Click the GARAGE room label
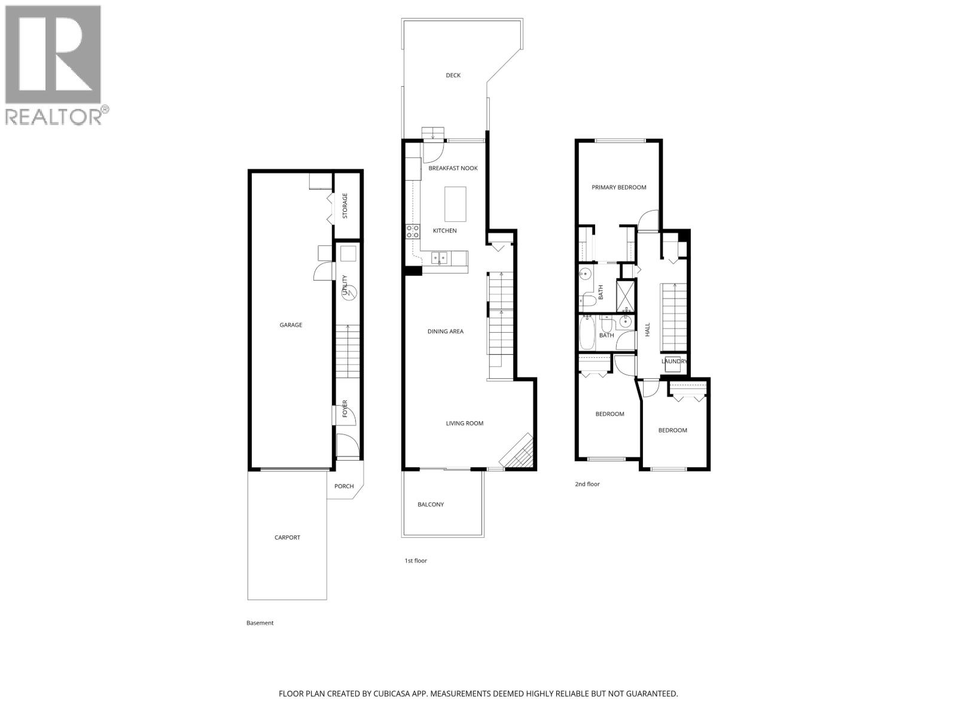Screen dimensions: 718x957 pyautogui.click(x=291, y=325)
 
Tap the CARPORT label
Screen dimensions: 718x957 pyautogui.click(x=287, y=537)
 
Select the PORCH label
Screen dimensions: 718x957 pyautogui.click(x=344, y=486)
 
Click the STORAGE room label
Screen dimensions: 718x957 pyautogui.click(x=345, y=206)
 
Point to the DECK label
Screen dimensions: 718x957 pyautogui.click(x=453, y=75)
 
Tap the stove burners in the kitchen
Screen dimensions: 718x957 pyautogui.click(x=413, y=232)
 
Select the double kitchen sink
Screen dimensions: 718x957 pyautogui.click(x=440, y=258)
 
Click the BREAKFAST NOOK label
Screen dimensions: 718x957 pyautogui.click(x=453, y=168)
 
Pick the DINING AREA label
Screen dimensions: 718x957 pyautogui.click(x=445, y=331)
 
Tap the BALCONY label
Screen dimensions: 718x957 pyautogui.click(x=431, y=504)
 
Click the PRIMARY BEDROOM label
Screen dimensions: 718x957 pyautogui.click(x=619, y=187)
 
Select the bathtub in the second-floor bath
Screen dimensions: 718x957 pyautogui.click(x=587, y=334)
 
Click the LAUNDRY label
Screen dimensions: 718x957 pyautogui.click(x=674, y=361)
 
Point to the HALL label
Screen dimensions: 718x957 pyautogui.click(x=647, y=329)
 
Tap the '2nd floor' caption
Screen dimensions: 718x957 pyautogui.click(x=587, y=484)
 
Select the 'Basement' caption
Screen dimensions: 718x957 pyautogui.click(x=260, y=623)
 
